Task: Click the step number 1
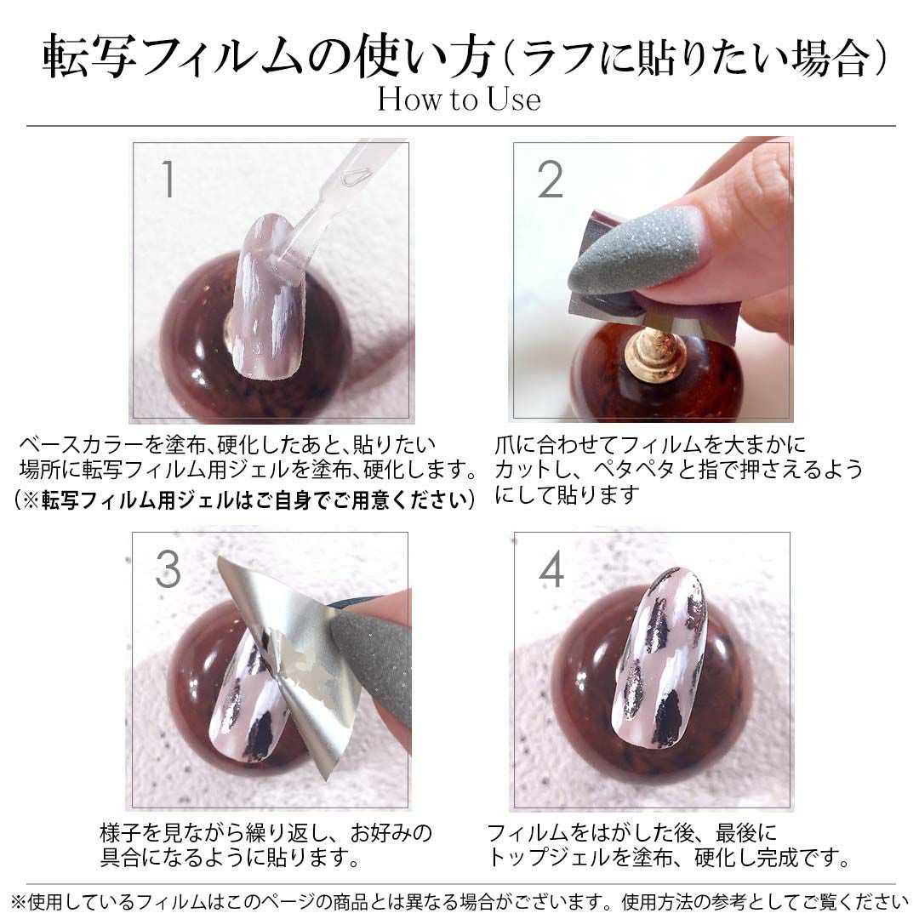coord(168,179)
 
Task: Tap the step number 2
coord(550,180)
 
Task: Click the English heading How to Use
coord(459,99)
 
